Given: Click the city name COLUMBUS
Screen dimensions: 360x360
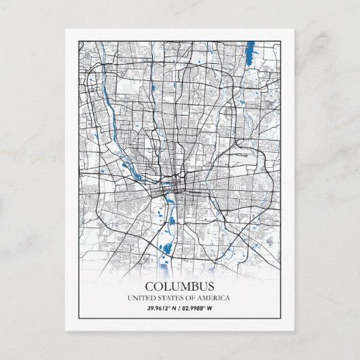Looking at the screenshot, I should click(179, 287).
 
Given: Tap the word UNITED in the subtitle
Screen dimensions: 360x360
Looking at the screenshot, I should click(141, 298).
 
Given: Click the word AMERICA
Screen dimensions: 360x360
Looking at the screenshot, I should click(214, 298).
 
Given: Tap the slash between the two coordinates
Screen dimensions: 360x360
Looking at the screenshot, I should click(180, 309).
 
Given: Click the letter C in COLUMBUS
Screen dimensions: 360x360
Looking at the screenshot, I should click(149, 287).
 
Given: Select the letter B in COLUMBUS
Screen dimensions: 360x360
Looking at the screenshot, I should click(191, 287).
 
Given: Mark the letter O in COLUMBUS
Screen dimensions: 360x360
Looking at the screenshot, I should click(158, 287).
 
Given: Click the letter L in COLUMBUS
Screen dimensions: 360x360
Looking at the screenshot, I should click(166, 287).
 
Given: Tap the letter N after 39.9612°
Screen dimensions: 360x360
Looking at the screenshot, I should click(175, 309).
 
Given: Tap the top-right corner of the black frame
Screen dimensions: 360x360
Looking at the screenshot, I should click(281, 41).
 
